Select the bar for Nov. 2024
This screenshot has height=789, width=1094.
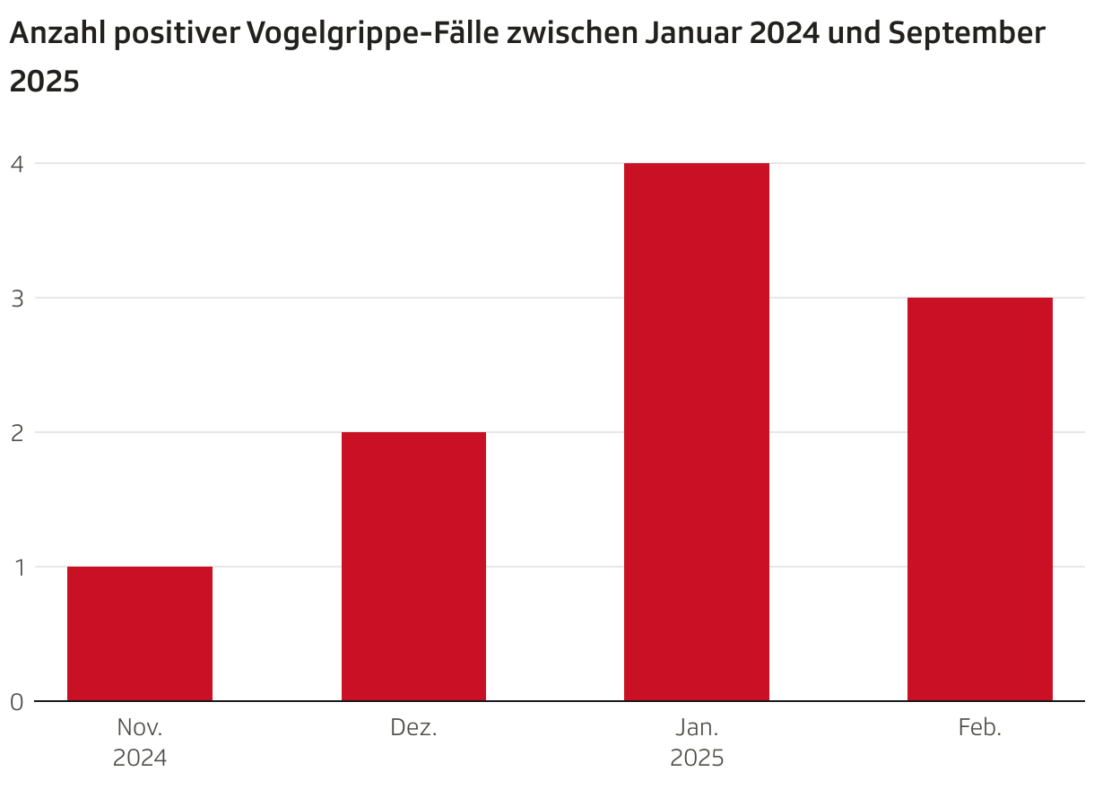[x=140, y=633]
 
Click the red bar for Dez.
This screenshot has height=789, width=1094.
[x=413, y=566]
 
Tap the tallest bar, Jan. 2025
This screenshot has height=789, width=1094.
[x=697, y=431]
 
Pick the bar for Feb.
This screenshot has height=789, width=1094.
[x=979, y=499]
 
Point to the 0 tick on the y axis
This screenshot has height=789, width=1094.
[x=16, y=702]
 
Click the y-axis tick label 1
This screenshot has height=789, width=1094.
[x=16, y=567]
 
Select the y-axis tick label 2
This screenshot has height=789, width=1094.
[x=16, y=432]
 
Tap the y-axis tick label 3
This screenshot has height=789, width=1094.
[x=16, y=298]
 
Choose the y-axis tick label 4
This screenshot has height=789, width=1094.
[x=16, y=163]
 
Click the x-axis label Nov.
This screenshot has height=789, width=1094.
[x=140, y=727]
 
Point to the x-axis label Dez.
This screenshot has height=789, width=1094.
[x=413, y=727]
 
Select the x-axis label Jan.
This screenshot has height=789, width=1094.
[x=697, y=727]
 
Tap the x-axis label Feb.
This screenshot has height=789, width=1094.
[x=979, y=727]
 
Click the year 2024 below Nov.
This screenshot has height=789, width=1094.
[x=140, y=759]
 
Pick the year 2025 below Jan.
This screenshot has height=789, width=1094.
[x=697, y=759]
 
